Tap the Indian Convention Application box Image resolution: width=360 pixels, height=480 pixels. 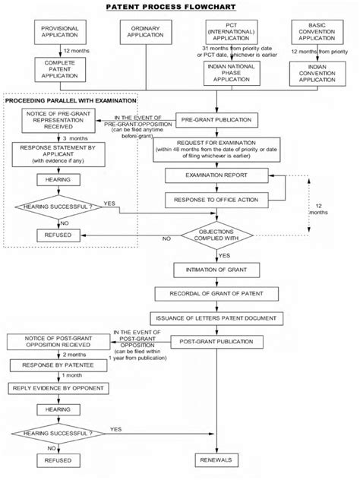coord(314,73)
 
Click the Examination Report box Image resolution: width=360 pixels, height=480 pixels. coord(217,175)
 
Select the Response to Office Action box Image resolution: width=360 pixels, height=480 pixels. coord(217,199)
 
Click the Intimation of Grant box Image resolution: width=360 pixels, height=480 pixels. coord(217,270)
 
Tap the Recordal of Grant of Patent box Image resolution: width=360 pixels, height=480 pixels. coord(217,293)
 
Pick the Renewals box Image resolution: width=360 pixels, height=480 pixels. coord(217,460)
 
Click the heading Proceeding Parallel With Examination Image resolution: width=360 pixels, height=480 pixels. coord(71,100)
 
